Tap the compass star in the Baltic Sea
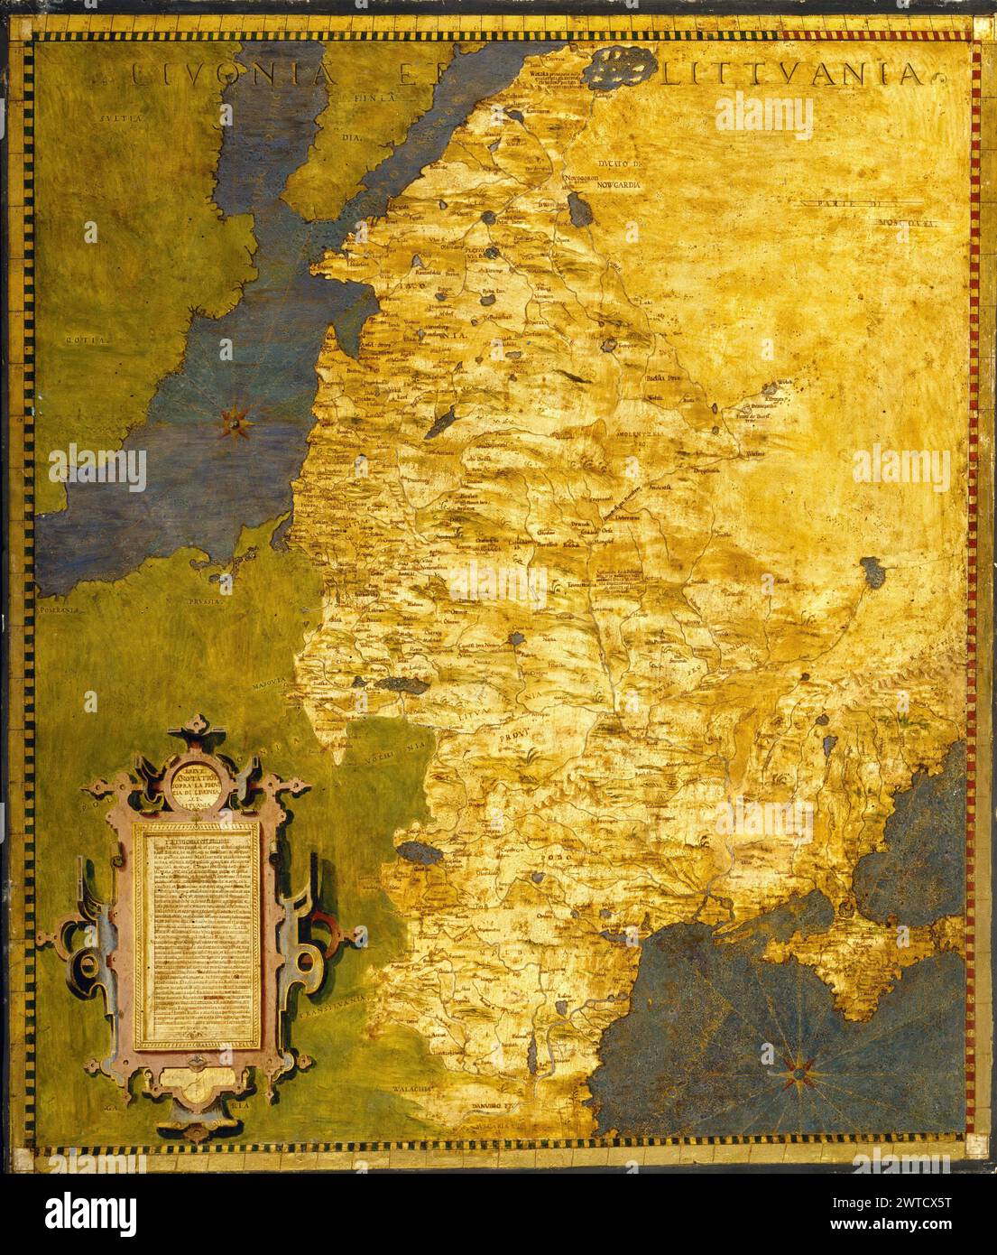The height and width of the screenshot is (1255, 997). (236, 418)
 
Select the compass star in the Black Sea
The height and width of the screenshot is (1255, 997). (798, 1073)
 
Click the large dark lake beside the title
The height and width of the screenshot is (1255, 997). (620, 65)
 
